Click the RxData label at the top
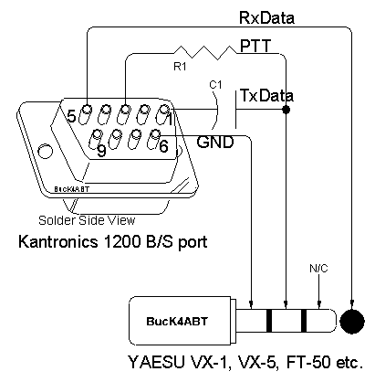click(x=266, y=17)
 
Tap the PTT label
click(x=255, y=46)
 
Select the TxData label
click(x=266, y=96)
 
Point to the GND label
click(x=215, y=142)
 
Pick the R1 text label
click(x=180, y=67)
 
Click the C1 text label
click(x=215, y=85)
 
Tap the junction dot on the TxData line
click(x=286, y=110)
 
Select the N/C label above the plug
click(x=318, y=269)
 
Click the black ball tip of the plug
click(x=351, y=321)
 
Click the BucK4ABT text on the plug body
click(x=177, y=321)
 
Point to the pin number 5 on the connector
click(x=71, y=116)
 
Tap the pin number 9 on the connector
click(x=101, y=150)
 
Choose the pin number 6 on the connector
click(x=163, y=146)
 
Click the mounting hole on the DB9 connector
click(x=45, y=151)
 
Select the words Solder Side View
click(x=87, y=220)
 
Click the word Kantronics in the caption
click(x=58, y=241)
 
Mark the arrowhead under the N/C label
click(x=318, y=304)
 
